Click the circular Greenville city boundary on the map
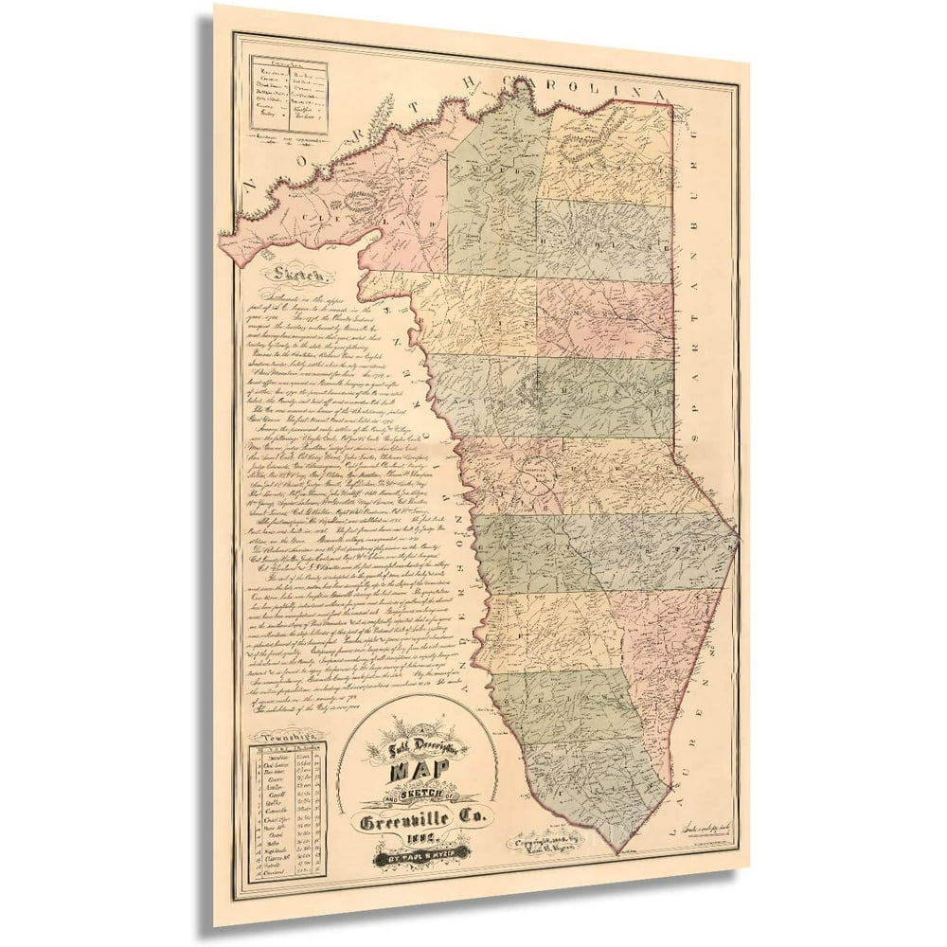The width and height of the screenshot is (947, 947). pos(542,482)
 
